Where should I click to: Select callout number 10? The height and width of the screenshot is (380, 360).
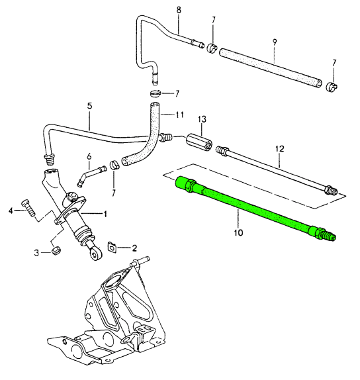[x=238, y=232]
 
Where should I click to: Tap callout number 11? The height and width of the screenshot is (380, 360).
[x=179, y=114]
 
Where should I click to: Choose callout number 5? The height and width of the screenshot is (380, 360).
[x=89, y=105]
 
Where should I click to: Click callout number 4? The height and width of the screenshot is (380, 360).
[x=11, y=211]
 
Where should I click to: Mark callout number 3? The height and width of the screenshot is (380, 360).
[x=37, y=252]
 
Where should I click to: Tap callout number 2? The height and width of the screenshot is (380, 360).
[x=134, y=248]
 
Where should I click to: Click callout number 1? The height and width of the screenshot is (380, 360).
[x=104, y=213]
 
